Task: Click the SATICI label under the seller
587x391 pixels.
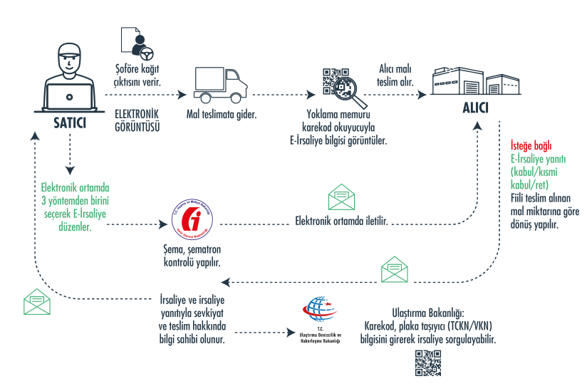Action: click(x=70, y=122)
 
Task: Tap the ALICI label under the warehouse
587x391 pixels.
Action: click(x=474, y=110)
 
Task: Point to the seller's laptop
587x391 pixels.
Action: click(x=70, y=97)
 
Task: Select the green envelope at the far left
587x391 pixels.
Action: click(x=37, y=302)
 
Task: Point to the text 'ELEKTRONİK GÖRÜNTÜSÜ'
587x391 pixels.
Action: click(x=137, y=120)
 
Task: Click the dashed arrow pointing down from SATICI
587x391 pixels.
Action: click(x=70, y=153)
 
